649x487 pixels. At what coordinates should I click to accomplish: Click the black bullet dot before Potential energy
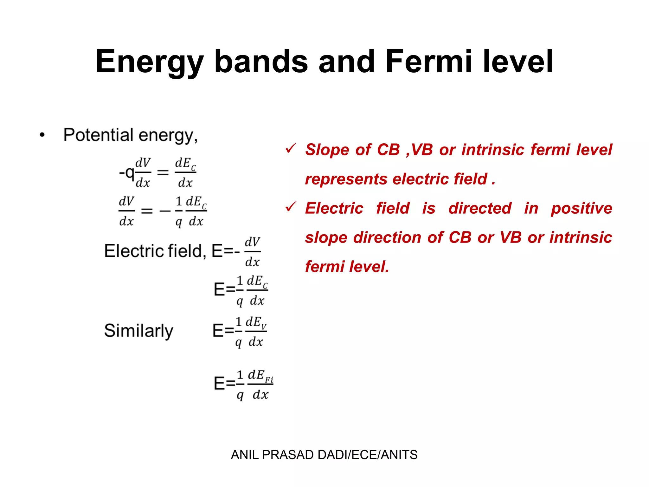pyautogui.click(x=42, y=135)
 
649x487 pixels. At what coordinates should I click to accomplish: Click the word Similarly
pyautogui.click(x=138, y=331)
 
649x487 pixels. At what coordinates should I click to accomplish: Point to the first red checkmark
pyautogui.click(x=291, y=148)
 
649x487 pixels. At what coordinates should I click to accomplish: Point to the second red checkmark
pyautogui.click(x=291, y=207)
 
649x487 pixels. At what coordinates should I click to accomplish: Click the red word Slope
pyautogui.click(x=326, y=150)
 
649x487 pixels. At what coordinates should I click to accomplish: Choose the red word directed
pyautogui.click(x=480, y=208)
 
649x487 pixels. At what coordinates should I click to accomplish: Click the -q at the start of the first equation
pyautogui.click(x=126, y=173)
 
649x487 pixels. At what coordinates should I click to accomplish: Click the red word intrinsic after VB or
pyautogui.click(x=581, y=237)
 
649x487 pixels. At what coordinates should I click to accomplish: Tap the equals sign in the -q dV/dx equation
pyautogui.click(x=163, y=173)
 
